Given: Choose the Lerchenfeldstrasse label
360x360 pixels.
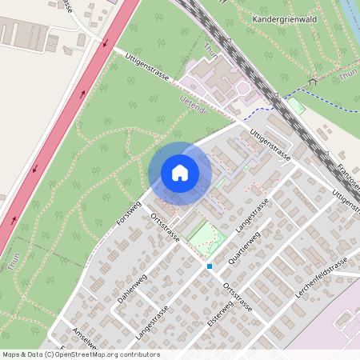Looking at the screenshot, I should pos(321,278).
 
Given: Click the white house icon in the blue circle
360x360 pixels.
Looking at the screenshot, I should pos(180,173).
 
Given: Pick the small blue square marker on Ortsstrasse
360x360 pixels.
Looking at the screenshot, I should pos(210,266).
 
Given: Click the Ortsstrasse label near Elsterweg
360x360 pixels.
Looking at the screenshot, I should pos(238,296).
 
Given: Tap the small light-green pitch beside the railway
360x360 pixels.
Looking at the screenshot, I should pos(297,106).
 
